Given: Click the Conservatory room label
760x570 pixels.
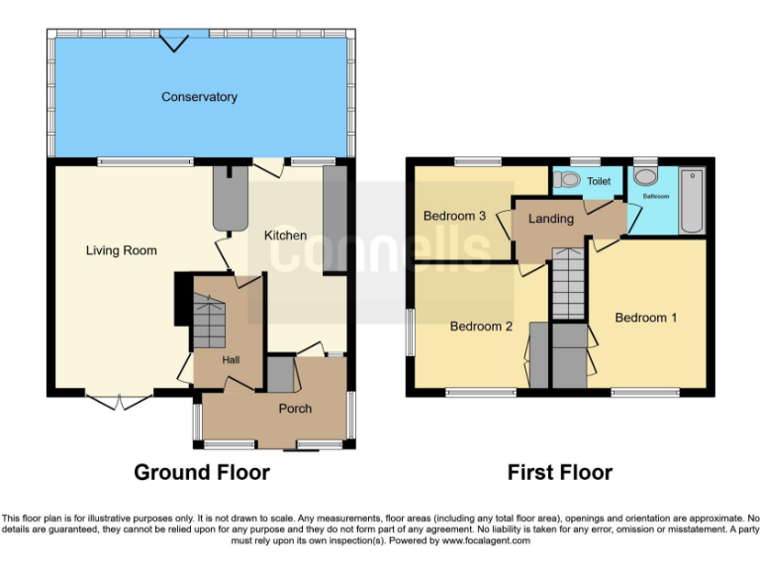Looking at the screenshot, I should pyautogui.click(x=199, y=97).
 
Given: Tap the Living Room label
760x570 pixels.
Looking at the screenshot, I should pyautogui.click(x=121, y=250).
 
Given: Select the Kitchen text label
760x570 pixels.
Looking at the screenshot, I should pyautogui.click(x=284, y=236).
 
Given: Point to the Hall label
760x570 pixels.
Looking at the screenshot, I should pyautogui.click(x=230, y=359).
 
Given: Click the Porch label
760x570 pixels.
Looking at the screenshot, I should pyautogui.click(x=295, y=409).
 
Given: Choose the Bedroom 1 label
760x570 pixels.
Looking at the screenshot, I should pyautogui.click(x=645, y=318).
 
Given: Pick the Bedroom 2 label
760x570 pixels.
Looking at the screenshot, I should pyautogui.click(x=481, y=326).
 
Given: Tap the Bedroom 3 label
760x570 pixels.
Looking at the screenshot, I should pyautogui.click(x=454, y=216).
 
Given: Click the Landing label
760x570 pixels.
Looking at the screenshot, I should pyautogui.click(x=550, y=219).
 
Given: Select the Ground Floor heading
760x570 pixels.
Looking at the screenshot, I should pyautogui.click(x=202, y=472).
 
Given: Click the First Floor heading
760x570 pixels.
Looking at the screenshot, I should pyautogui.click(x=560, y=472).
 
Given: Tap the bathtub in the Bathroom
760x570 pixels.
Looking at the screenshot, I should pyautogui.click(x=690, y=203).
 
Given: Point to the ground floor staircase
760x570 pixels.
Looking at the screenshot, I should pyautogui.click(x=210, y=322).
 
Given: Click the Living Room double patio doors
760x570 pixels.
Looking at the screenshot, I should pyautogui.click(x=119, y=401).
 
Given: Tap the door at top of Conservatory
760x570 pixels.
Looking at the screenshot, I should pyautogui.click(x=176, y=41).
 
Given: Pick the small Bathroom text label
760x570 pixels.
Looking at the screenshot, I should pyautogui.click(x=655, y=197).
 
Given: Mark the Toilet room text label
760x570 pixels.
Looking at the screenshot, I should pyautogui.click(x=599, y=182).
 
